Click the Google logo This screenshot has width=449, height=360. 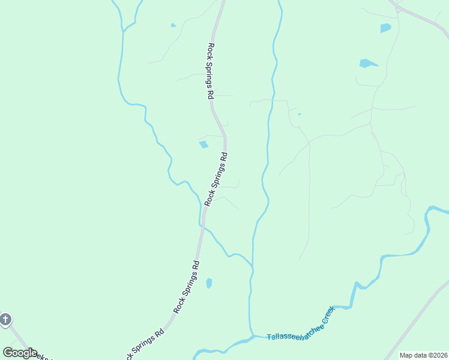(x=20, y=353)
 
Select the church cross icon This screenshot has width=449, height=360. (x=5, y=319)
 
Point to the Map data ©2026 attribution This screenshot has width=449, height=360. (x=423, y=355)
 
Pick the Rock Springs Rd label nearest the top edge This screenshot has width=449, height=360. (x=211, y=70)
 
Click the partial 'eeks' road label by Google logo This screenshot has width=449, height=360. (x=43, y=356)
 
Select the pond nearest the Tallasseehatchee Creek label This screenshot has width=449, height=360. (x=209, y=283)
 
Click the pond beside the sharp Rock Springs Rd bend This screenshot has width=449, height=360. (x=203, y=144)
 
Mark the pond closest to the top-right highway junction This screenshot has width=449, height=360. (x=385, y=28)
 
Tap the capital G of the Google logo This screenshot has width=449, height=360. (x=8, y=353)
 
